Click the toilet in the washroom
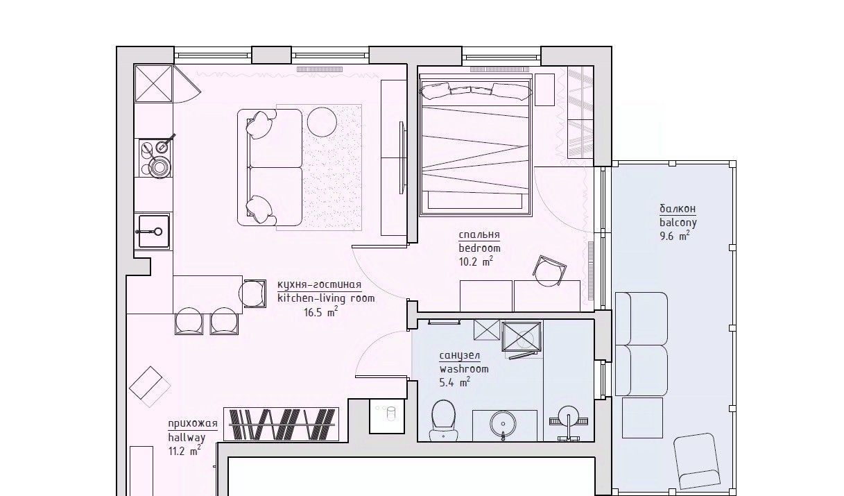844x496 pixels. click(x=443, y=420)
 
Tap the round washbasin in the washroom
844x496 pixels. click(x=503, y=424)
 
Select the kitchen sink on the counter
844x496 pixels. click(x=153, y=231)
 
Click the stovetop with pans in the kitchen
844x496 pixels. click(x=155, y=157)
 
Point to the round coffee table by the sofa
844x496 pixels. click(x=322, y=121)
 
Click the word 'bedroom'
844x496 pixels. click(x=480, y=248)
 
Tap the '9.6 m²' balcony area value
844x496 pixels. click(x=675, y=237)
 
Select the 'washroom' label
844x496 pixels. click(x=464, y=369)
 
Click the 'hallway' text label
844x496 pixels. click(x=187, y=438)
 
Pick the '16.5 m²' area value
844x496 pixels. click(x=320, y=312)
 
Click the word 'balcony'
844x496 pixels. click(x=678, y=223)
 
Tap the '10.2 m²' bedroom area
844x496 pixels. click(x=476, y=262)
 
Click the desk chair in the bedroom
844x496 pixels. click(x=549, y=271)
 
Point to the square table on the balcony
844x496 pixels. click(x=642, y=418)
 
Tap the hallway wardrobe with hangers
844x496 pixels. click(x=282, y=424)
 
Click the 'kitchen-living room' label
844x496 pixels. click(x=327, y=298)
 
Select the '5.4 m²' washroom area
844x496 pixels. click(x=455, y=382)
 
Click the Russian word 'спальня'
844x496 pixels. click(x=479, y=234)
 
